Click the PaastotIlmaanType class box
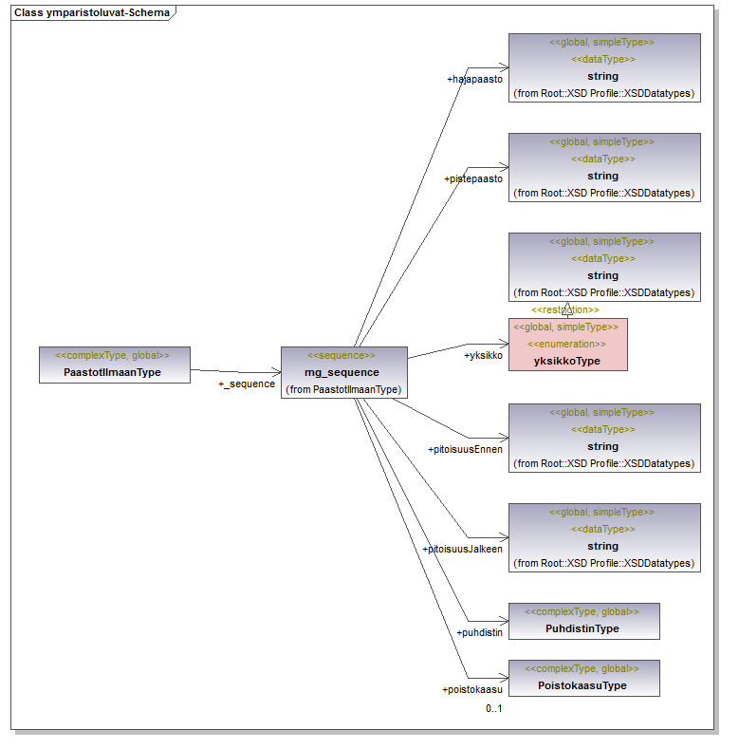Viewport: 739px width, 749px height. (114, 365)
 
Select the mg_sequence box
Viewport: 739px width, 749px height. (343, 372)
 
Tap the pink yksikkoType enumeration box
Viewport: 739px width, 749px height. (567, 344)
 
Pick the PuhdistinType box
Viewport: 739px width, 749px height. (582, 621)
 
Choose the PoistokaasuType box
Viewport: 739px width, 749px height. (582, 678)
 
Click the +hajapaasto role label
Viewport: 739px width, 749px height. (474, 79)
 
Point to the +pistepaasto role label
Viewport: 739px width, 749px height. (472, 178)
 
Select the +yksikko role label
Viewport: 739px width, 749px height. (483, 356)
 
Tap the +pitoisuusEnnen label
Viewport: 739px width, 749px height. (465, 449)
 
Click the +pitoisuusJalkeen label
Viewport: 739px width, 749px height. (462, 549)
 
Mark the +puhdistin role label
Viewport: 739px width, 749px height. (479, 631)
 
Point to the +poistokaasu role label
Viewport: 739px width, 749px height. (471, 690)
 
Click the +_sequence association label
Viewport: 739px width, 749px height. (247, 384)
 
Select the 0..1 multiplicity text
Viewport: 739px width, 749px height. (493, 708)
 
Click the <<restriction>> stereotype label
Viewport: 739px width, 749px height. (565, 309)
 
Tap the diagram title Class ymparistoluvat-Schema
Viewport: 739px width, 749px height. (91, 12)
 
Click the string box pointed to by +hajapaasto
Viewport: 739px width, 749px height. (604, 67)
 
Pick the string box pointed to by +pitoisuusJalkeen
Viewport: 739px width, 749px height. (604, 537)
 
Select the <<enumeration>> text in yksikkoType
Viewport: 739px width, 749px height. (567, 344)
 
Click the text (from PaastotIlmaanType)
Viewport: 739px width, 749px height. (343, 389)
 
